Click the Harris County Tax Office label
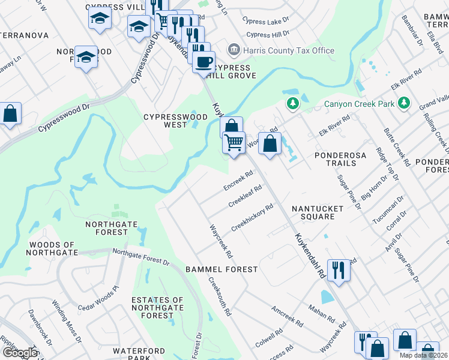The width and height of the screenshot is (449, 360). click(289, 50)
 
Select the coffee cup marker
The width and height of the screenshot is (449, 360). click(203, 61)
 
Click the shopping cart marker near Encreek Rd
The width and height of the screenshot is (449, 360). click(234, 143)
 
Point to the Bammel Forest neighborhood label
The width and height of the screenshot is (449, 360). click(221, 269)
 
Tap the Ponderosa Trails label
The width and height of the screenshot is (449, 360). click(340, 159)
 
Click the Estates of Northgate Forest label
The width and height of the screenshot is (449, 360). click(157, 307)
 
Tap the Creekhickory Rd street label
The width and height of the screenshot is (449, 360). click(252, 218)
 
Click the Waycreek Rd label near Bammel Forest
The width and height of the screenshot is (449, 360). click(220, 242)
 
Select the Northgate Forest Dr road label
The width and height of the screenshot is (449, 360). click(141, 257)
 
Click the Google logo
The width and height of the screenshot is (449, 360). click(20, 352)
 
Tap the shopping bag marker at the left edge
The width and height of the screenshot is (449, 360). click(10, 114)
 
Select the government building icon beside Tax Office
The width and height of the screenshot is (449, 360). click(233, 50)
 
